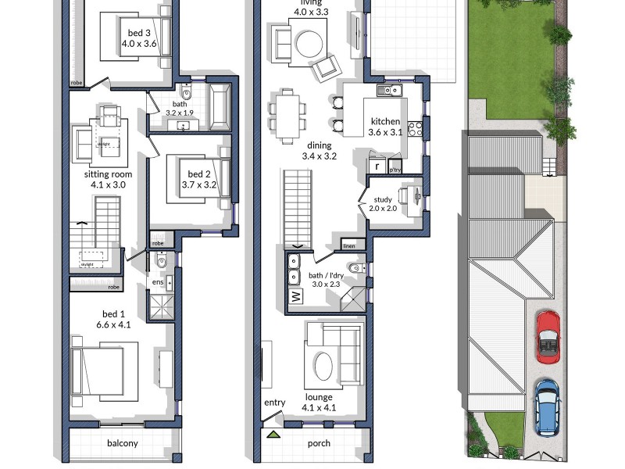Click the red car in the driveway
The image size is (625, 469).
[548, 336]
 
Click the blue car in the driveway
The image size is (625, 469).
[547, 406]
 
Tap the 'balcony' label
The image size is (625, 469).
[122, 443]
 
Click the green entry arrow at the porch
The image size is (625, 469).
[273, 435]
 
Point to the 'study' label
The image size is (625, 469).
[384, 199]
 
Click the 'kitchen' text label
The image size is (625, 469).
[385, 121]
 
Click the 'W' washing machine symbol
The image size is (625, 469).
[296, 297]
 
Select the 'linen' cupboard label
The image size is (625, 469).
[349, 247]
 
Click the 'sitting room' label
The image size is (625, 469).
[109, 174]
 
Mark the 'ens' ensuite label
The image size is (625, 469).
[157, 282]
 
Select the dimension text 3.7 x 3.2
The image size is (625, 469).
[198, 185]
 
